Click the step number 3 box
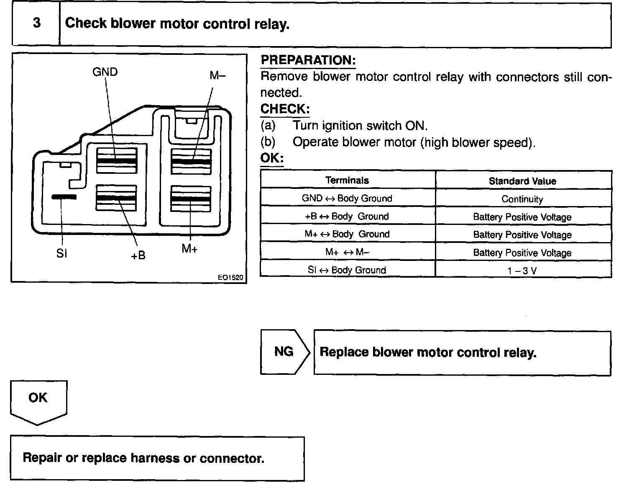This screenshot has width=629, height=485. (x=36, y=23)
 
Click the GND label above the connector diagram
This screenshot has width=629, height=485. (x=105, y=72)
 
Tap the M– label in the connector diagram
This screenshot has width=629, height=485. (x=217, y=75)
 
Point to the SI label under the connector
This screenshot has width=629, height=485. (x=61, y=253)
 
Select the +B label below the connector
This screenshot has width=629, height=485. (x=138, y=255)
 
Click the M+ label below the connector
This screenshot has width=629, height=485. (x=189, y=249)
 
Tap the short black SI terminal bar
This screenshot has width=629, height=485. (x=64, y=196)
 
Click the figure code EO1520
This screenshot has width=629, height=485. (x=230, y=277)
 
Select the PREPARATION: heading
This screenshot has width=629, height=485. (x=308, y=60)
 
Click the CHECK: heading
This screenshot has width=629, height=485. (x=285, y=109)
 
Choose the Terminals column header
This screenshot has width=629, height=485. (x=347, y=181)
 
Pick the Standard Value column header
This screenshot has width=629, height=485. (x=522, y=181)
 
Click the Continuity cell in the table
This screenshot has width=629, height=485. (x=522, y=199)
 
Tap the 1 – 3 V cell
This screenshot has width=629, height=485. (x=522, y=271)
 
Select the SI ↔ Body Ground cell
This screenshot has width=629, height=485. (x=347, y=270)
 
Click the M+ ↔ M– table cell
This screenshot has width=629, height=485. (x=347, y=252)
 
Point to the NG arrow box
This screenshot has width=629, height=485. (x=284, y=351)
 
